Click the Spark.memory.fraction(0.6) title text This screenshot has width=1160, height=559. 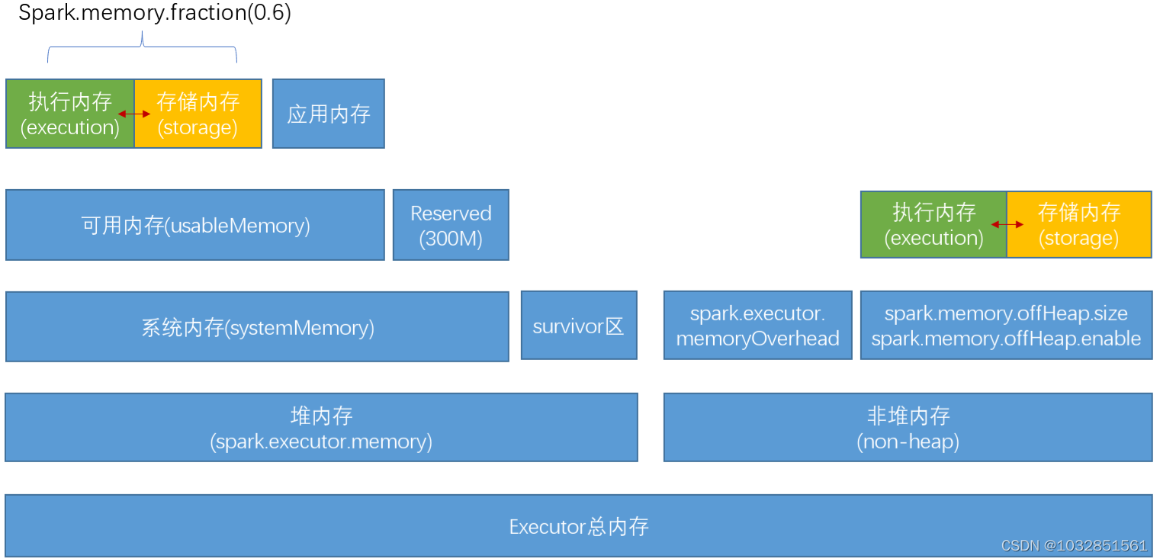point(154,14)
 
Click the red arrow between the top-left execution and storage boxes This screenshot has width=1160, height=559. point(134,114)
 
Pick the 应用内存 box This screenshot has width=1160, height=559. point(329,114)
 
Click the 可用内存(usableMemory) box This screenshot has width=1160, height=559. point(195,225)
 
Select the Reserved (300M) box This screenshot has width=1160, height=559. point(451,225)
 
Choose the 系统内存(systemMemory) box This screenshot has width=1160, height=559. point(257,326)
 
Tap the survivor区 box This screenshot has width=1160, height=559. point(579,326)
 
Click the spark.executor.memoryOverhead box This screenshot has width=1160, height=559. point(757,326)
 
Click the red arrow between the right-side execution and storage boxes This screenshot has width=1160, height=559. point(1007,225)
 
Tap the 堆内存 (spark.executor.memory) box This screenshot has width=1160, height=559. point(321,427)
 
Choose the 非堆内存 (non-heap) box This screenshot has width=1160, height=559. point(908,427)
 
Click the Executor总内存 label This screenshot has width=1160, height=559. point(579,526)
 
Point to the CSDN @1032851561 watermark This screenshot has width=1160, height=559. point(1074,545)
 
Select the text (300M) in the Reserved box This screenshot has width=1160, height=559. point(451,239)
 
